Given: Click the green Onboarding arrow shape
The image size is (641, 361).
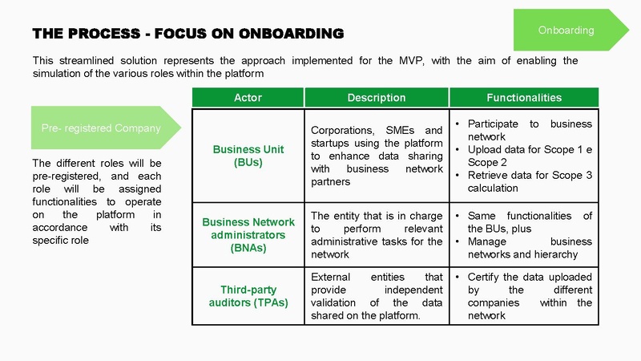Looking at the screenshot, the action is pyautogui.click(x=570, y=30).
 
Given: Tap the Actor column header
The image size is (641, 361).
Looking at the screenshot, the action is pyautogui.click(x=248, y=97).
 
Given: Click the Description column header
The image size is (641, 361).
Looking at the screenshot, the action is pyautogui.click(x=377, y=97).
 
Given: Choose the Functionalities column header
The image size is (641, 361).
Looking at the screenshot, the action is pyautogui.click(x=524, y=97).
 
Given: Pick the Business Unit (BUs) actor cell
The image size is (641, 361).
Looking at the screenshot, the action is pyautogui.click(x=248, y=156).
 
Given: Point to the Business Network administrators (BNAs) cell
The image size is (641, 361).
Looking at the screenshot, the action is pyautogui.click(x=248, y=235).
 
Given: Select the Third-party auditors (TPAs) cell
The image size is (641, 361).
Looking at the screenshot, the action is pyautogui.click(x=248, y=296).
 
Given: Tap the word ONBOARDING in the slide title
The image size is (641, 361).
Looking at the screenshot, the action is pyautogui.click(x=291, y=34).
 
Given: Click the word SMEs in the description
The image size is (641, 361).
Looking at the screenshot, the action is pyautogui.click(x=400, y=130).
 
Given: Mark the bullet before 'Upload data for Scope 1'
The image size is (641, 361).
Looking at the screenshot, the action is pyautogui.click(x=458, y=150).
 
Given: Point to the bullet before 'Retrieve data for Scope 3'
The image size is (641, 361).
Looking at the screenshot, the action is pyautogui.click(x=458, y=176).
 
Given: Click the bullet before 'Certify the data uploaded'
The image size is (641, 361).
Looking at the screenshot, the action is pyautogui.click(x=458, y=277).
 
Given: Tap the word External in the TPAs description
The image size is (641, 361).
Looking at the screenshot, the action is pyautogui.click(x=330, y=277).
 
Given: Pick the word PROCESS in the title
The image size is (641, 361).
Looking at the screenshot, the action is pyautogui.click(x=104, y=34).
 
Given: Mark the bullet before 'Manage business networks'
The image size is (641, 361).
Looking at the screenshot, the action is pyautogui.click(x=458, y=242).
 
